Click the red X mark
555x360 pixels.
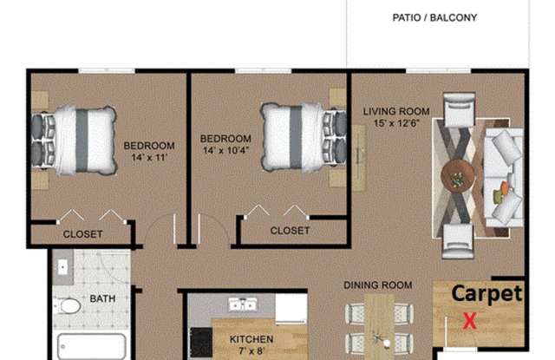click(470, 321)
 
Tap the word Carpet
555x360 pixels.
click(487, 294)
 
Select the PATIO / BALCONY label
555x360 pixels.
click(434, 17)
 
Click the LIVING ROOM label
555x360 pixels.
click(396, 112)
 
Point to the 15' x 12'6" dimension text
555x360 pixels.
click(396, 123)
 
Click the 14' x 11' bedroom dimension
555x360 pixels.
click(149, 158)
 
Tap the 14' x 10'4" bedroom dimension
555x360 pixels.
click(225, 150)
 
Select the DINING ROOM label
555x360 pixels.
click(378, 285)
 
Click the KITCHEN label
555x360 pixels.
click(251, 339)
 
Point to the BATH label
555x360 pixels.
click(102, 298)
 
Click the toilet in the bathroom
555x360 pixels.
click(68, 306)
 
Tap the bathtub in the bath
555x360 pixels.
click(91, 346)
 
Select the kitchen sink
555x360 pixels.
click(243, 304)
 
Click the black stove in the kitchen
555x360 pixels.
click(201, 343)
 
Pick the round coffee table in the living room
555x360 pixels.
click(457, 177)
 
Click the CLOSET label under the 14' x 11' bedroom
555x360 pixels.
click(83, 234)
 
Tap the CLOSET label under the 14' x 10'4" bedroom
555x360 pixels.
click(290, 231)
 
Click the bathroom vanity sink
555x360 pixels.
click(62, 267)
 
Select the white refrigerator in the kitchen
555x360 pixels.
click(291, 308)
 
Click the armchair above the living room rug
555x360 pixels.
click(459, 109)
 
